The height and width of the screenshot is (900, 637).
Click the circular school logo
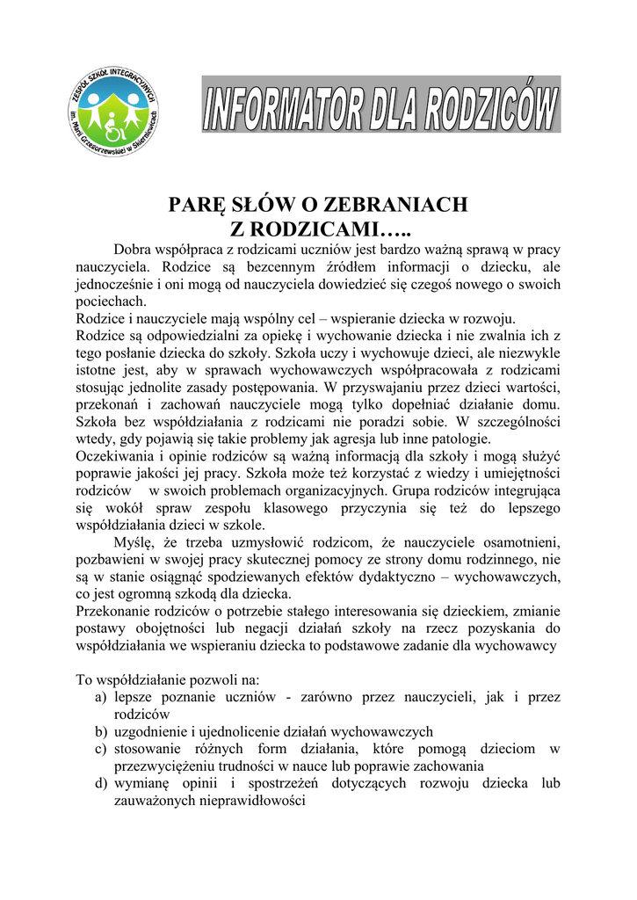pyautogui.click(x=113, y=113)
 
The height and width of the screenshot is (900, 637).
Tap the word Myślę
pyautogui.click(x=135, y=541)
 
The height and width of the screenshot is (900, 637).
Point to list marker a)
pyautogui.click(x=101, y=697)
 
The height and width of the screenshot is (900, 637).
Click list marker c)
pyautogui.click(x=101, y=749)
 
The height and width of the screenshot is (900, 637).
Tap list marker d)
pyautogui.click(x=101, y=783)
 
